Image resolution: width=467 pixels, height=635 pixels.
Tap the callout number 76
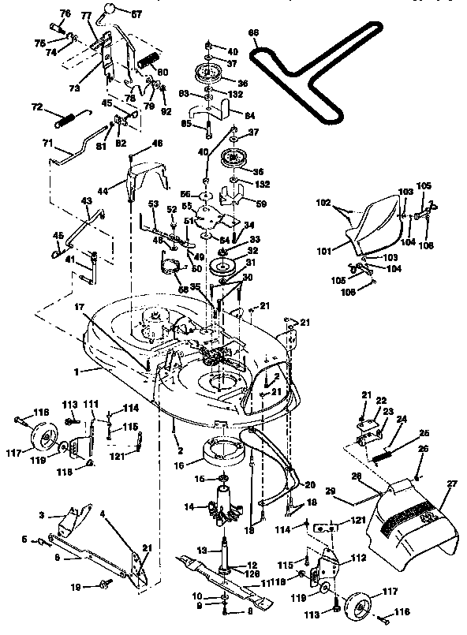65,14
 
